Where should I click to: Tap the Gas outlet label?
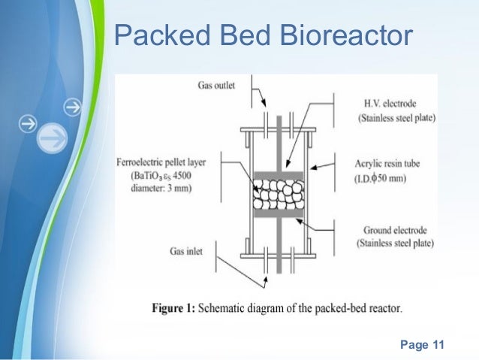tap(217, 86)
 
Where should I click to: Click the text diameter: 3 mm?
tap(153, 189)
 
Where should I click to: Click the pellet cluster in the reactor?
tap(279, 195)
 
